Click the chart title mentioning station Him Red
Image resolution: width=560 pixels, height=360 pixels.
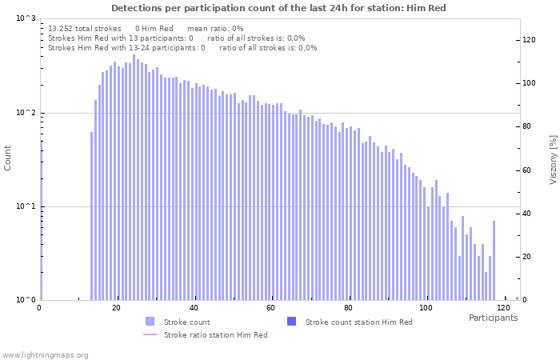(x=278, y=8)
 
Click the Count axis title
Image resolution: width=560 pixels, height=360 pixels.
(x=8, y=158)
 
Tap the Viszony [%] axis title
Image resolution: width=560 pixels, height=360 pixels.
(x=552, y=159)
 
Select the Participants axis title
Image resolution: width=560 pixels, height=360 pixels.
(x=493, y=318)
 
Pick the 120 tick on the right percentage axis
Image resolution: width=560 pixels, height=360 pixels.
(x=529, y=39)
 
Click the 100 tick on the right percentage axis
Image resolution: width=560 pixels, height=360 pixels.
(x=529, y=83)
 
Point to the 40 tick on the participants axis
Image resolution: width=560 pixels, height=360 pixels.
(x=194, y=308)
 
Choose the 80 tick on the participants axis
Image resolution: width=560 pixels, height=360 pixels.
(x=348, y=308)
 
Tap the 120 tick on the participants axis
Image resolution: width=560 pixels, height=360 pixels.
(x=502, y=308)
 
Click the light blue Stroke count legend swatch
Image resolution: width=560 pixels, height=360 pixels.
(x=150, y=322)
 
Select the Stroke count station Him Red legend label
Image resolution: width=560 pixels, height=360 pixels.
(x=358, y=322)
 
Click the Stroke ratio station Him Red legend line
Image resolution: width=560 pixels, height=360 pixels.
(x=150, y=334)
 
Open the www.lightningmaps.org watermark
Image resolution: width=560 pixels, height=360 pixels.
(x=45, y=354)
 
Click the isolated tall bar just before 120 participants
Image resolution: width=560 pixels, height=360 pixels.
(x=494, y=260)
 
